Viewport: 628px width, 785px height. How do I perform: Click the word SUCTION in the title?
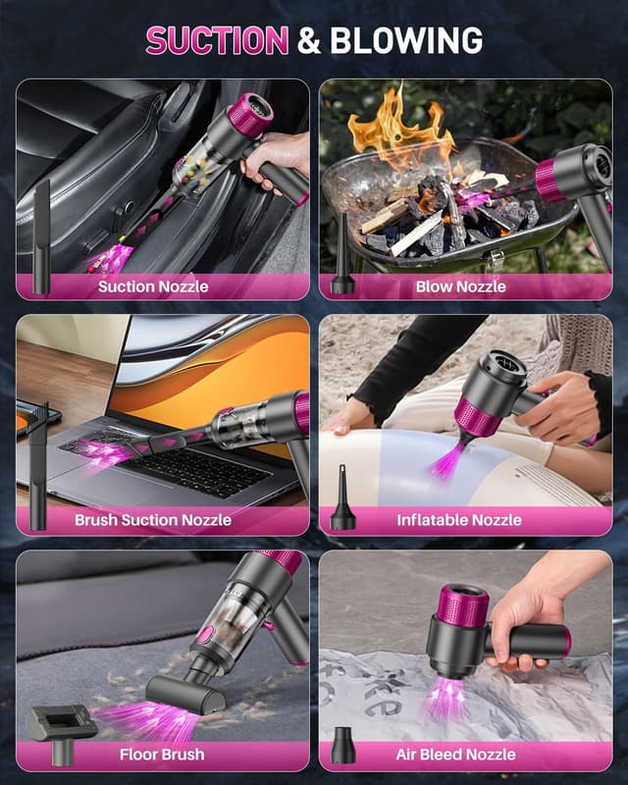pyautogui.click(x=217, y=40)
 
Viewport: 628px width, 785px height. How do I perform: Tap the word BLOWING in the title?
pyautogui.click(x=405, y=40)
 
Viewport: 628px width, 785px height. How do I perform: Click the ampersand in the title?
pyautogui.click(x=308, y=40)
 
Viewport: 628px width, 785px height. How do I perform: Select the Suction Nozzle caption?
pyautogui.click(x=153, y=287)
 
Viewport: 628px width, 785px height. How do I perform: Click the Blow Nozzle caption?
pyautogui.click(x=461, y=287)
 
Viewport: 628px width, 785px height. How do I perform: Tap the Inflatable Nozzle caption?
pyautogui.click(x=459, y=520)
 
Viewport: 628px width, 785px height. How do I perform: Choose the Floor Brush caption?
pyautogui.click(x=162, y=755)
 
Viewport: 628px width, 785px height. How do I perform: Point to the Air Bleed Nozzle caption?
pyautogui.click(x=455, y=755)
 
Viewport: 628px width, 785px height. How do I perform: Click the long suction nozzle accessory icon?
pyautogui.click(x=42, y=235)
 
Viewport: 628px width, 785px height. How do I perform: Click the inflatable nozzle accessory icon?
pyautogui.click(x=342, y=498)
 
